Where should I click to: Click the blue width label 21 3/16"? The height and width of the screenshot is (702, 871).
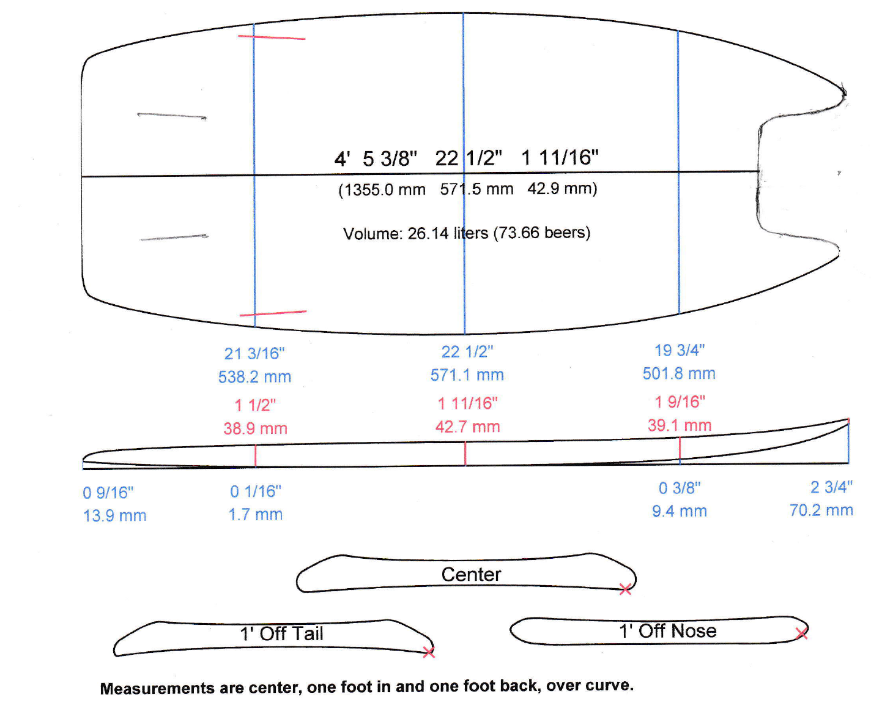[254, 354]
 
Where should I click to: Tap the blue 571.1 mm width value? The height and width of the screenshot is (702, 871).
[467, 375]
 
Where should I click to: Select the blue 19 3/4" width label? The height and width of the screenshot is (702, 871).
[680, 351]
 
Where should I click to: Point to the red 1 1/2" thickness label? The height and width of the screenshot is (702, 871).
[255, 405]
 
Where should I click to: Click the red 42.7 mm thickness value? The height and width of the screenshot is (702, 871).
[467, 427]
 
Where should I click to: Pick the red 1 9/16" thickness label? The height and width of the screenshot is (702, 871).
[680, 402]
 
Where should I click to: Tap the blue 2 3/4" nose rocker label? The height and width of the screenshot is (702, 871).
[831, 487]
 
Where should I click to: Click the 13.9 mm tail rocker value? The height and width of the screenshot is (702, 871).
[114, 516]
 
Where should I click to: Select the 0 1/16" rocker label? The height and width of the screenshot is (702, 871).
[256, 491]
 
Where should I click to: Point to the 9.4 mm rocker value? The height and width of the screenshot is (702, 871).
[680, 511]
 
